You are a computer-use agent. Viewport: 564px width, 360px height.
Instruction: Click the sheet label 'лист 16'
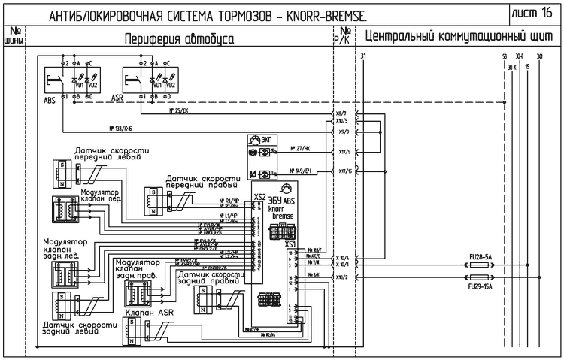click(535, 13)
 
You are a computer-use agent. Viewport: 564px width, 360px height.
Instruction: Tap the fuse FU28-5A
click(479, 258)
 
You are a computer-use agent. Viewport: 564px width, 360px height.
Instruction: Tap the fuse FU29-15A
click(479, 286)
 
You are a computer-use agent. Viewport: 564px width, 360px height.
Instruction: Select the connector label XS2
click(260, 196)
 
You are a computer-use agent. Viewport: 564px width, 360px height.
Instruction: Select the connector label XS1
click(290, 244)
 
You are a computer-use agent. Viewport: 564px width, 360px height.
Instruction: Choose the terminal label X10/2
click(342, 277)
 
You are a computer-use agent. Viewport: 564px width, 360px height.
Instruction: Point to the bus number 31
click(363, 56)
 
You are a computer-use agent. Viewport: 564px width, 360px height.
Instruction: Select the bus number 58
click(504, 56)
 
